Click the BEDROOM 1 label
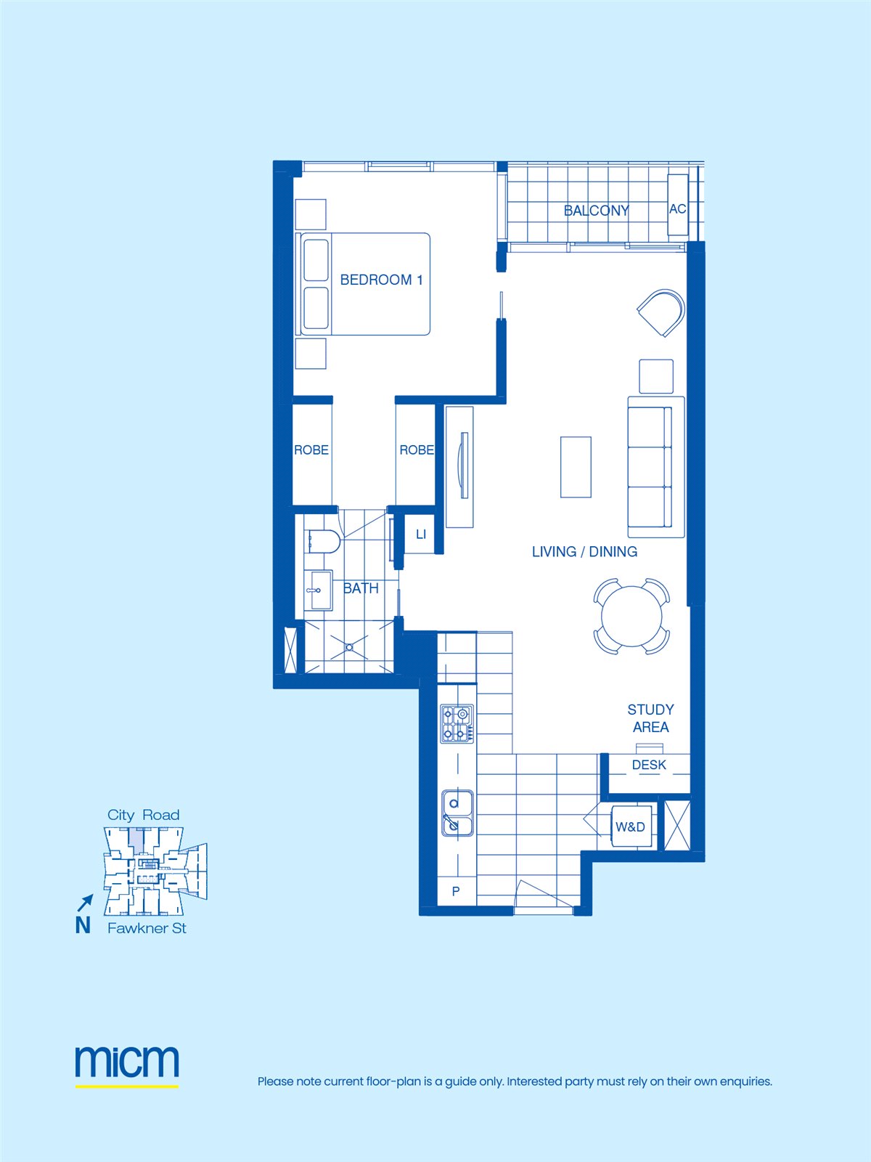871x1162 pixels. click(x=381, y=280)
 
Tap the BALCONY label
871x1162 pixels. click(x=596, y=211)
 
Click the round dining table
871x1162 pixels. click(x=631, y=616)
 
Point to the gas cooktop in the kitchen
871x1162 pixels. click(x=457, y=723)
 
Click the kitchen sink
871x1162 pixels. click(x=457, y=813)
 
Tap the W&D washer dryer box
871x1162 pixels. click(x=631, y=826)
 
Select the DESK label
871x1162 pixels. click(x=649, y=765)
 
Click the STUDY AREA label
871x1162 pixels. click(x=650, y=718)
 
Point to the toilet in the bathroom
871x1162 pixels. click(x=322, y=542)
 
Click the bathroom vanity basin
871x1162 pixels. click(x=319, y=590)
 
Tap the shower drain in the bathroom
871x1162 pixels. click(x=349, y=647)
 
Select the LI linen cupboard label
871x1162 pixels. click(x=421, y=534)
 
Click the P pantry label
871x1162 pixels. click(x=456, y=892)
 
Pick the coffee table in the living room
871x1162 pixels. click(x=576, y=467)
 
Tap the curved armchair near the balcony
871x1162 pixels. click(x=661, y=312)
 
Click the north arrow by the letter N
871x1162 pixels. click(x=86, y=903)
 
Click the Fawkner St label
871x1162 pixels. click(x=147, y=928)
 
